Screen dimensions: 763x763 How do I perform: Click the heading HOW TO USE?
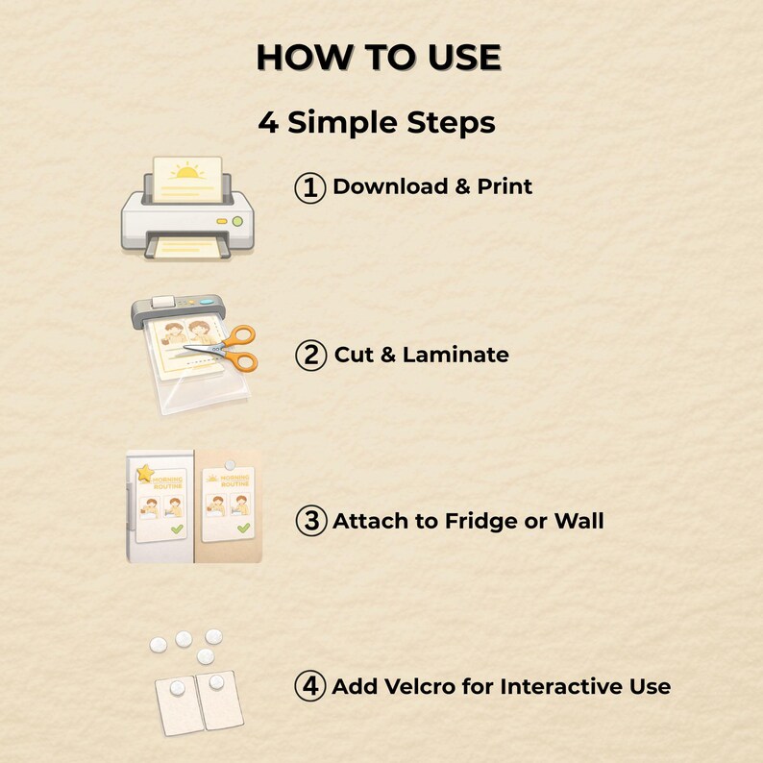coord(379,58)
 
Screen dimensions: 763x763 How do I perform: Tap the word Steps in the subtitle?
coord(451,122)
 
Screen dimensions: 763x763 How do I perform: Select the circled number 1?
coord(310,187)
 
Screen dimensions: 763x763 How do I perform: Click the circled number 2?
coord(310,356)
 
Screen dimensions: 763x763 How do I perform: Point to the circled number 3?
coord(311,521)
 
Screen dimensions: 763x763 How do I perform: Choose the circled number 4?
coord(310,686)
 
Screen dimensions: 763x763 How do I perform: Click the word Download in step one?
coord(390,186)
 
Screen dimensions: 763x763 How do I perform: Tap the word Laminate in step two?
coord(455,355)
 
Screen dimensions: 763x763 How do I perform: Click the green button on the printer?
coord(237,221)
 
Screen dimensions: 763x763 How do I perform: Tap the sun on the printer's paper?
coord(187,171)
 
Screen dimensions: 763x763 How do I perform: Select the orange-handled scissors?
coord(224,349)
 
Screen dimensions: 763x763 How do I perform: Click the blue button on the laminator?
coord(207,302)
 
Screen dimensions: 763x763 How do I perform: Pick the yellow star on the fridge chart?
coord(145,473)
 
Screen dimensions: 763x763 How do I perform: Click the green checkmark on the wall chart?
coord(243,528)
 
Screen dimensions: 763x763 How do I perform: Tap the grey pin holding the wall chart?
coord(231,465)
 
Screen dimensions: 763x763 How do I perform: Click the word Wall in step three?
coord(579,521)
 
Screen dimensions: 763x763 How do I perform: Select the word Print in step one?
coord(505,186)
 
